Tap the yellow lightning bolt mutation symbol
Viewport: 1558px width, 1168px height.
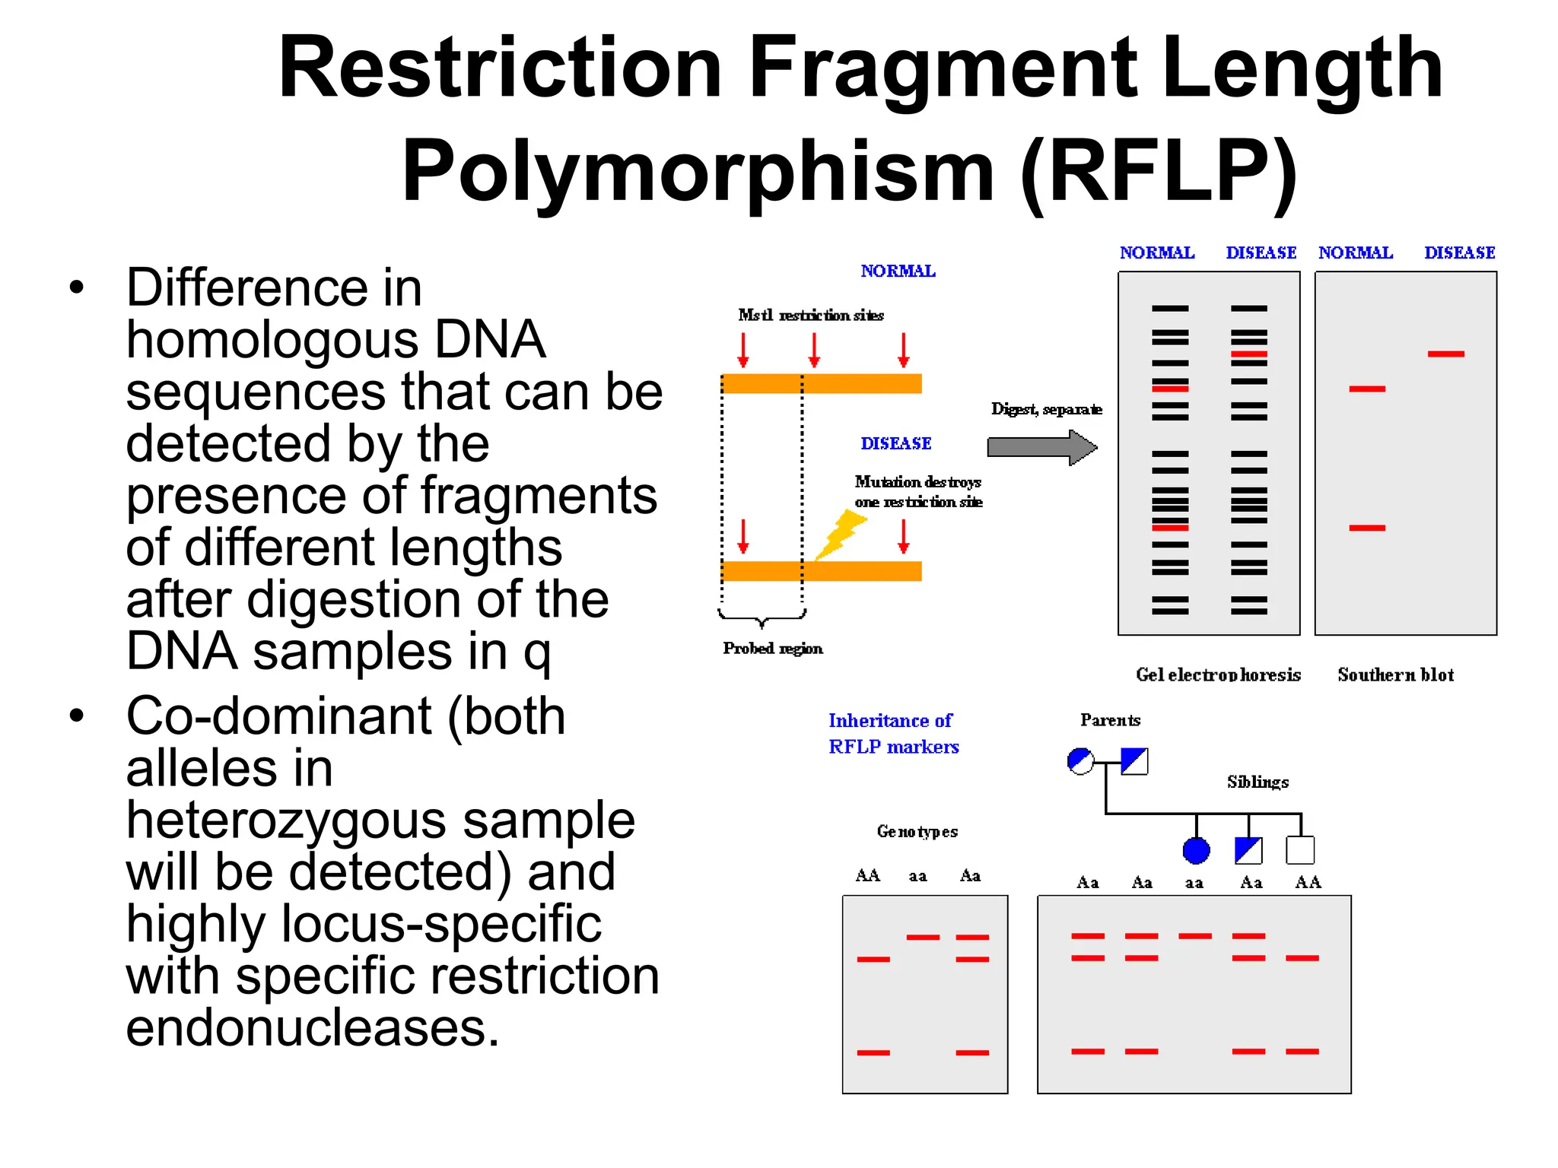pyautogui.click(x=840, y=535)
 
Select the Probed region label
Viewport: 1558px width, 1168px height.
pyautogui.click(x=772, y=648)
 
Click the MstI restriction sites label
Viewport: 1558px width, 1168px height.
pyautogui.click(x=811, y=315)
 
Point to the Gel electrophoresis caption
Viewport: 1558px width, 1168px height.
pyautogui.click(x=1218, y=674)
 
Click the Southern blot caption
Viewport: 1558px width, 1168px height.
pyautogui.click(x=1395, y=674)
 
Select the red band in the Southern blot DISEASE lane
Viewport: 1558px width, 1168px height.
pyautogui.click(x=1445, y=354)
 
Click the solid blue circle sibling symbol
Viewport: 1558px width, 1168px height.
pyautogui.click(x=1196, y=850)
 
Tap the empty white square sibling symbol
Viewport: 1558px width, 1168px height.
pyautogui.click(x=1300, y=850)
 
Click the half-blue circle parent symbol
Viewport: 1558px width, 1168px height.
pyautogui.click(x=1080, y=760)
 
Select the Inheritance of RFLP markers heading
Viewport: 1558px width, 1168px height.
pyautogui.click(x=893, y=733)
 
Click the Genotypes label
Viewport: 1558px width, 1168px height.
pyautogui.click(x=917, y=831)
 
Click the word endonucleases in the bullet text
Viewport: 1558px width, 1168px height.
pyautogui.click(x=312, y=1027)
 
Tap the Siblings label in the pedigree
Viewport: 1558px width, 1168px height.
pyautogui.click(x=1258, y=782)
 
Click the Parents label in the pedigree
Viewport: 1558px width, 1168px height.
pyautogui.click(x=1110, y=720)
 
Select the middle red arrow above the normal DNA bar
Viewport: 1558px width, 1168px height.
pyautogui.click(x=814, y=350)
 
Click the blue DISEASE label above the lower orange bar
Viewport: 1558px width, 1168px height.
pyautogui.click(x=895, y=443)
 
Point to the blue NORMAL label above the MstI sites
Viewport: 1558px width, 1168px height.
pyautogui.click(x=898, y=271)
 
